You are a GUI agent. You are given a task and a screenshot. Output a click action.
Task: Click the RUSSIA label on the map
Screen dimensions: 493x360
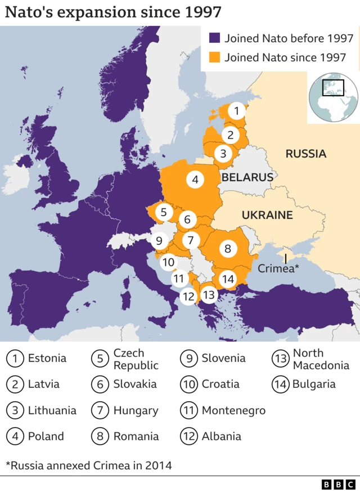click(x=305, y=154)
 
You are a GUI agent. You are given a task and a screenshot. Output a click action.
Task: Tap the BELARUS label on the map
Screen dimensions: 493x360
click(x=247, y=177)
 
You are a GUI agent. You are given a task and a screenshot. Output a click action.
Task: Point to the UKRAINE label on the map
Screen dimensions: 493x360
click(x=267, y=215)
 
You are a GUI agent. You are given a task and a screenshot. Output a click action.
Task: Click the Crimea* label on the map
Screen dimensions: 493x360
click(x=278, y=269)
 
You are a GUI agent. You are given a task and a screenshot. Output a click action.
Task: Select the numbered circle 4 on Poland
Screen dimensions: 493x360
click(x=195, y=180)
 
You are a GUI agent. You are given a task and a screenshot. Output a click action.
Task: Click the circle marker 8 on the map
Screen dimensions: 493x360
click(x=227, y=248)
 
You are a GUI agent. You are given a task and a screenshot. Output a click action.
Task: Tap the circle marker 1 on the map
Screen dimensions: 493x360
click(x=237, y=111)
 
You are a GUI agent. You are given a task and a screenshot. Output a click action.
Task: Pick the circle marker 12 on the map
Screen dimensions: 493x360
click(x=189, y=295)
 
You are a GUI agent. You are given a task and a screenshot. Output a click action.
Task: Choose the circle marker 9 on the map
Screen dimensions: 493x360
click(x=159, y=241)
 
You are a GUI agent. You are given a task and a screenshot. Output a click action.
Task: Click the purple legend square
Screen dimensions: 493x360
click(x=214, y=38)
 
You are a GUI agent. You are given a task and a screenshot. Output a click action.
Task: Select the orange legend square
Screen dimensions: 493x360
click(x=214, y=57)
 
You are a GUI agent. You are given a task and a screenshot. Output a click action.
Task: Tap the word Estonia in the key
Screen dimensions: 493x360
click(x=47, y=358)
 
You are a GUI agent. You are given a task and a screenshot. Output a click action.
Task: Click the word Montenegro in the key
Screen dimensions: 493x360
click(x=233, y=410)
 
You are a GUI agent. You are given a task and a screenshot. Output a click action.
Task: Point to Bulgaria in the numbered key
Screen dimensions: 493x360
click(x=314, y=384)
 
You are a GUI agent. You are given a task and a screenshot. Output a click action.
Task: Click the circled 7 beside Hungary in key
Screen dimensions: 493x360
click(x=100, y=410)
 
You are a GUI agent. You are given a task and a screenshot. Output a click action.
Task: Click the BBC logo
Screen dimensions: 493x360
click(x=339, y=484)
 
